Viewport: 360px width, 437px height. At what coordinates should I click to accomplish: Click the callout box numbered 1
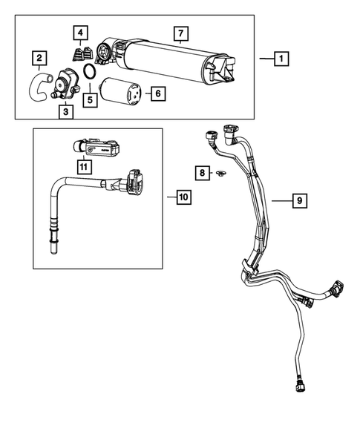click(x=281, y=58)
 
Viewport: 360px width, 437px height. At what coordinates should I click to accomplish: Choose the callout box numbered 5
click(x=91, y=98)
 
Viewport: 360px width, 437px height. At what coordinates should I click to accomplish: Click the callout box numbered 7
click(x=178, y=34)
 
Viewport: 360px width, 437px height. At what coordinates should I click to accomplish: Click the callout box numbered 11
click(x=84, y=168)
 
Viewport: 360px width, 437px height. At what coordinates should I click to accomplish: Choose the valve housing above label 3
click(x=66, y=82)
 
